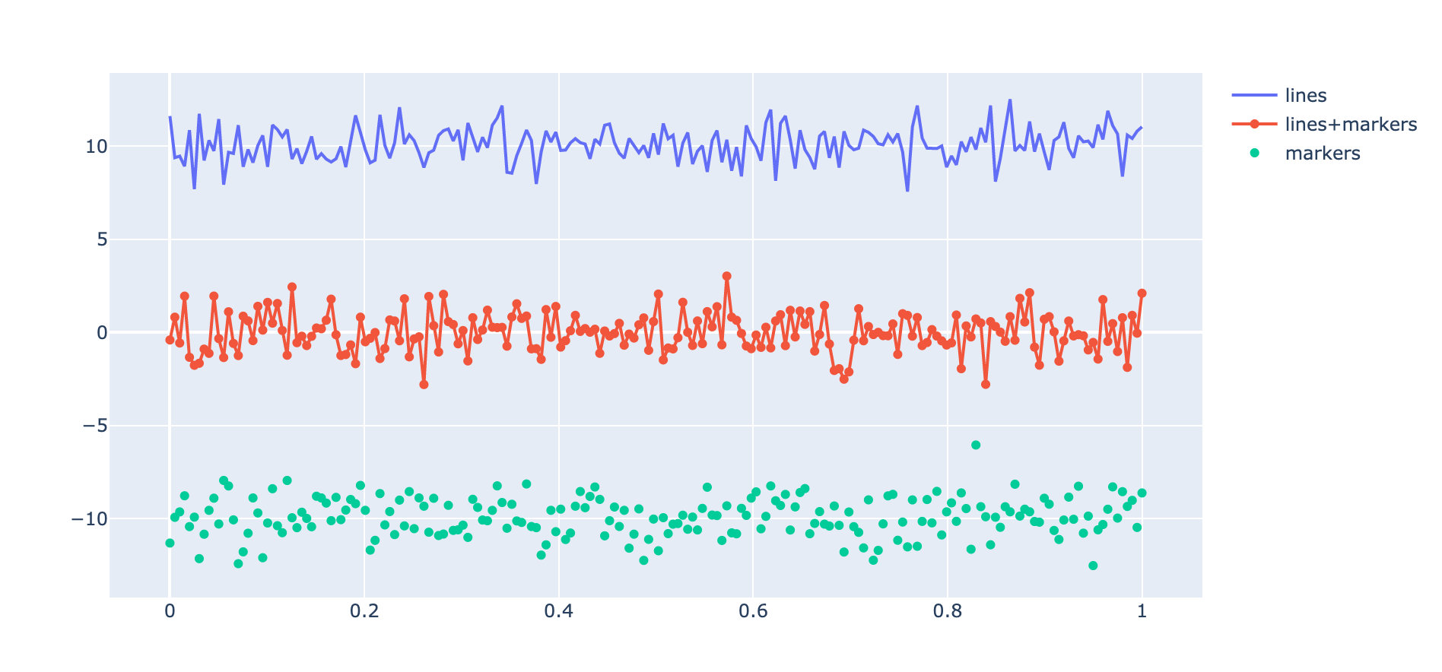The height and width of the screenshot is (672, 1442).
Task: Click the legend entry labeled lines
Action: click(1305, 96)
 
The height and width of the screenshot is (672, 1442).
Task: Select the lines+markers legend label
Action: click(1351, 125)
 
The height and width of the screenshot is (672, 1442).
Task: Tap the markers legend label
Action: click(1322, 154)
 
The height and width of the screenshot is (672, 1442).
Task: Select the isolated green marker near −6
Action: click(976, 445)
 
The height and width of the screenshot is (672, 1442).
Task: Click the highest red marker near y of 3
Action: click(727, 277)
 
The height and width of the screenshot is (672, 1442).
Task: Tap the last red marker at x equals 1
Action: click(1142, 293)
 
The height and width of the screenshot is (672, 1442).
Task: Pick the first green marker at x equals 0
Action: click(170, 543)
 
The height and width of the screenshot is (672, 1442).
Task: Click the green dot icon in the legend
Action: click(1254, 154)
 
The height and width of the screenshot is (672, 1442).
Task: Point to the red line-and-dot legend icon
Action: click(1254, 125)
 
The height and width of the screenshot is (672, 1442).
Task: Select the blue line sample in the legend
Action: click(1254, 96)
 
